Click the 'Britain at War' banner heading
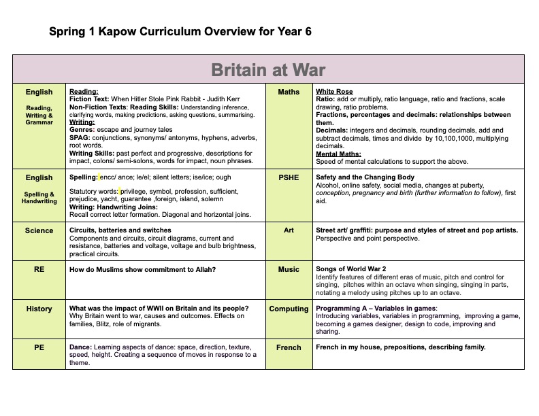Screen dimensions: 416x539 point(268,70)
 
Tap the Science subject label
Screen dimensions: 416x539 point(39,230)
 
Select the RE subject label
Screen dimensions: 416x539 point(39,269)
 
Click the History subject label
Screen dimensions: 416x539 point(39,309)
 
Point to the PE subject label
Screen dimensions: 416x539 point(39,347)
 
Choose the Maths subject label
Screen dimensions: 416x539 point(289,92)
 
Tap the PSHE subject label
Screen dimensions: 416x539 point(289,177)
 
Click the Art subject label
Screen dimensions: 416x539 point(289,230)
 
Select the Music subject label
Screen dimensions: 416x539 point(289,269)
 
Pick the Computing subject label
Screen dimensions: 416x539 point(289,309)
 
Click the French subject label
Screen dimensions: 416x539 point(289,347)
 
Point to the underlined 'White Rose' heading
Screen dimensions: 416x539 point(334,91)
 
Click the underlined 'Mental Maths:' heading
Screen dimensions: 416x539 point(338,154)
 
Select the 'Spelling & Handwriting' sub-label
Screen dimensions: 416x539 point(39,198)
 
